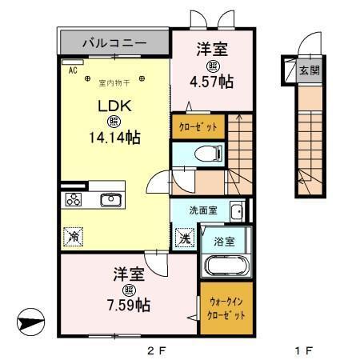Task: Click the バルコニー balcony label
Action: [x=113, y=41]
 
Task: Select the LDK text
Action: [x=114, y=106]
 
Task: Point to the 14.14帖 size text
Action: [x=114, y=138]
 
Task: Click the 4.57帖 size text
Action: [x=213, y=81]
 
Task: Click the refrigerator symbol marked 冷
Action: [x=74, y=237]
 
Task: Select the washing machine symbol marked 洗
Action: [x=182, y=238]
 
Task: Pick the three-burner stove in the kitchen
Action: [x=74, y=200]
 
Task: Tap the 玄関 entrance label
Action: [x=308, y=70]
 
